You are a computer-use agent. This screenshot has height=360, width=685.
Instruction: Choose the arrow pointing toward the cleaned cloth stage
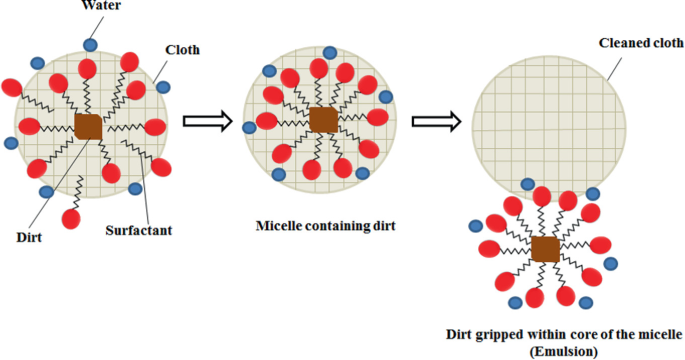[x=436, y=122]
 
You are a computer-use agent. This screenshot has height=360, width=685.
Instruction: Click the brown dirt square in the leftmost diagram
[x=88, y=126]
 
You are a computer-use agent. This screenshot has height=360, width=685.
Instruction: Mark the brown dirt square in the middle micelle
[x=323, y=120]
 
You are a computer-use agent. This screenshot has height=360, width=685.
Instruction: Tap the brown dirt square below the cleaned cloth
[x=545, y=249]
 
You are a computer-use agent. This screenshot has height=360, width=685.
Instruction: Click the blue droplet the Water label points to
[x=91, y=44]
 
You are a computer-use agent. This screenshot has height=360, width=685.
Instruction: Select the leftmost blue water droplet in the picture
[x=11, y=143]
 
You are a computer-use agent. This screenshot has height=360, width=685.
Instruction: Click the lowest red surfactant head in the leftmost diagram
[x=71, y=218]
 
